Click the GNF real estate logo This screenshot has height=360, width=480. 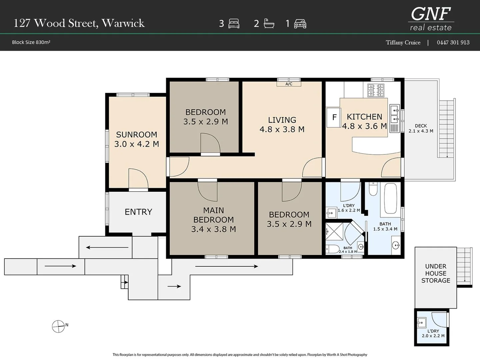pos(431,19)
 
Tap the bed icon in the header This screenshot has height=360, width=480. pos(234,24)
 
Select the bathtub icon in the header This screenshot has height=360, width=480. pos(269,23)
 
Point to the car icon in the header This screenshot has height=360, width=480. pos(300,24)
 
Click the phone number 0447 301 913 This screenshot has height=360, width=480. pos(453,42)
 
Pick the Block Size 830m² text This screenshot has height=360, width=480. pos(31,42)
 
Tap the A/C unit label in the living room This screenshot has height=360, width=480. pos(289,84)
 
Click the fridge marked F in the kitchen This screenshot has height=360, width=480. pos(333,117)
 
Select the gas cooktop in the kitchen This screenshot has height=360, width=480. pos(376,90)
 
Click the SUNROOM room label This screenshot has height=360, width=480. pos(136,135)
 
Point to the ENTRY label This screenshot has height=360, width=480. pos(138,212)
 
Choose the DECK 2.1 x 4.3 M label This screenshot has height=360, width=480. pos(421,128)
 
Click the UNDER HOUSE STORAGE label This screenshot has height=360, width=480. pos(436,273)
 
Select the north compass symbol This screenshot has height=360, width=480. pos(58,326)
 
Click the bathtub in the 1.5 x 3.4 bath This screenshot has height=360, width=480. pos(391,198)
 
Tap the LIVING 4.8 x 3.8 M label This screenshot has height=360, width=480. pos(282,125)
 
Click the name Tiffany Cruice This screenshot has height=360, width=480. pos(403,42)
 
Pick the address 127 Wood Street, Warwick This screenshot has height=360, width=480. pos(79,23)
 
